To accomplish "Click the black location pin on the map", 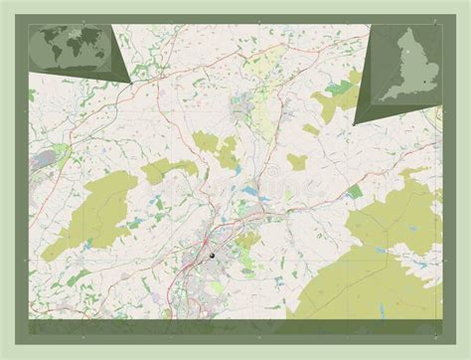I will (212, 256).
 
